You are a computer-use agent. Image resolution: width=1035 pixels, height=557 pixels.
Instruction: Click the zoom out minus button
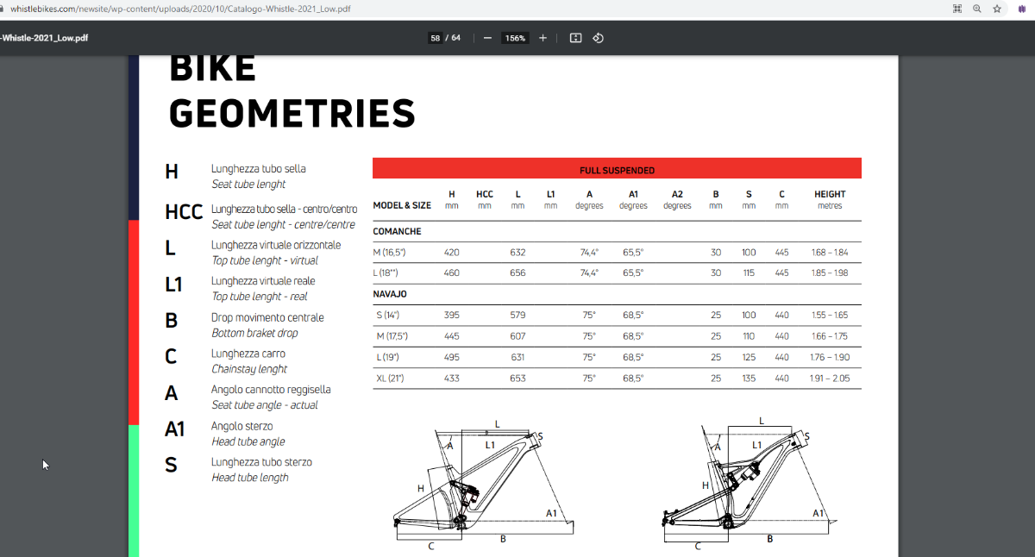coord(487,38)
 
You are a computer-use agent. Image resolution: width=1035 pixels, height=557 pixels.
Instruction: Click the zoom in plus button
coord(543,38)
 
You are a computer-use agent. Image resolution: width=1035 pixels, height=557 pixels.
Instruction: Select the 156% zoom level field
coord(516,38)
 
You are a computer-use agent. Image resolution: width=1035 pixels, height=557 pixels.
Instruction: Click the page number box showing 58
coord(436,38)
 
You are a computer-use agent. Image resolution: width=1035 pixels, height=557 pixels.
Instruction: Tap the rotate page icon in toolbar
coord(598,38)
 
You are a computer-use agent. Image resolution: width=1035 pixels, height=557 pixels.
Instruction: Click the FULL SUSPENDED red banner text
coord(617,170)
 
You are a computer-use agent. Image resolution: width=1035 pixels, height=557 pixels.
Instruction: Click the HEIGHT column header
coord(830,194)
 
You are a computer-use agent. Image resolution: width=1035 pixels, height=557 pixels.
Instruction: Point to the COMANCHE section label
coord(397,232)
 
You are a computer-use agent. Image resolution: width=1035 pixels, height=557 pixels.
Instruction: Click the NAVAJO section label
coord(390,294)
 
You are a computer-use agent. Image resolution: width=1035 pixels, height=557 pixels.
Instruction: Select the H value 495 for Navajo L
coord(452,357)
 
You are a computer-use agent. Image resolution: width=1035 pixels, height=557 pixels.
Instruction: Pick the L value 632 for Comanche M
coord(517,253)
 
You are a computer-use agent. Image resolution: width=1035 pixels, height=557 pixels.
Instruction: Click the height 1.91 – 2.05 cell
coord(830,378)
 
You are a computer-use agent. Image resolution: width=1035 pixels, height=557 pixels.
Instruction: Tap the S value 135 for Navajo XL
coord(749,378)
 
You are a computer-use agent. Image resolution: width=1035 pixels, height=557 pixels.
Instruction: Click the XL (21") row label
coord(390,378)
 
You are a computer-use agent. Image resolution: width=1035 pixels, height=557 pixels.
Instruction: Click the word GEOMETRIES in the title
coord(292,114)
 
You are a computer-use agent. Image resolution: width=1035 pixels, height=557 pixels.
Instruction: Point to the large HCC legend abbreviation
coord(184,212)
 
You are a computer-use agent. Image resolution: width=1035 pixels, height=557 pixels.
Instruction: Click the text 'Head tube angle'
coord(248,441)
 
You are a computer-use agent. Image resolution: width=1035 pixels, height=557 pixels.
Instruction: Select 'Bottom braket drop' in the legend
coord(255,333)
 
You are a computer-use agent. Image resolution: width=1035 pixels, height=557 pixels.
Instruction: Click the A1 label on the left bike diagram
coord(552,513)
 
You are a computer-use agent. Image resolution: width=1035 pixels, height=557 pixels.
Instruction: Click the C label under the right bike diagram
coord(698,546)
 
